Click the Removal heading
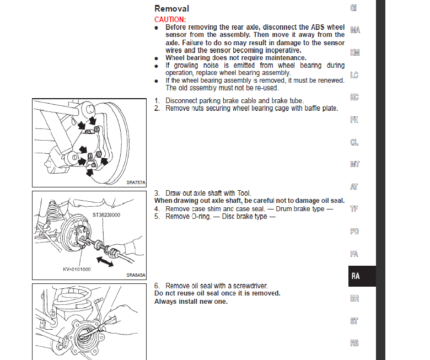pyautogui.click(x=171, y=8)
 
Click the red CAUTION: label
pyautogui.click(x=170, y=19)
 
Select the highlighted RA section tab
pyautogui.click(x=355, y=276)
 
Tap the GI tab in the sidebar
pyautogui.click(x=354, y=8)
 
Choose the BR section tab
pyautogui.click(x=354, y=298)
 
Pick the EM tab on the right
pyautogui.click(x=354, y=53)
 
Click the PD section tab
pyautogui.click(x=354, y=232)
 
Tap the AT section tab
pyautogui.click(x=354, y=187)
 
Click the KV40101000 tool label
pyautogui.click(x=76, y=270)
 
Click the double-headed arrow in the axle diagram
pyautogui.click(x=103, y=261)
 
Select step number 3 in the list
pyautogui.click(x=157, y=193)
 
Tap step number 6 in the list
pyautogui.click(x=157, y=286)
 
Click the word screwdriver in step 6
pyautogui.click(x=248, y=286)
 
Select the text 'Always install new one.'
pyautogui.click(x=191, y=302)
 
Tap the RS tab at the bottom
pyautogui.click(x=354, y=343)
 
